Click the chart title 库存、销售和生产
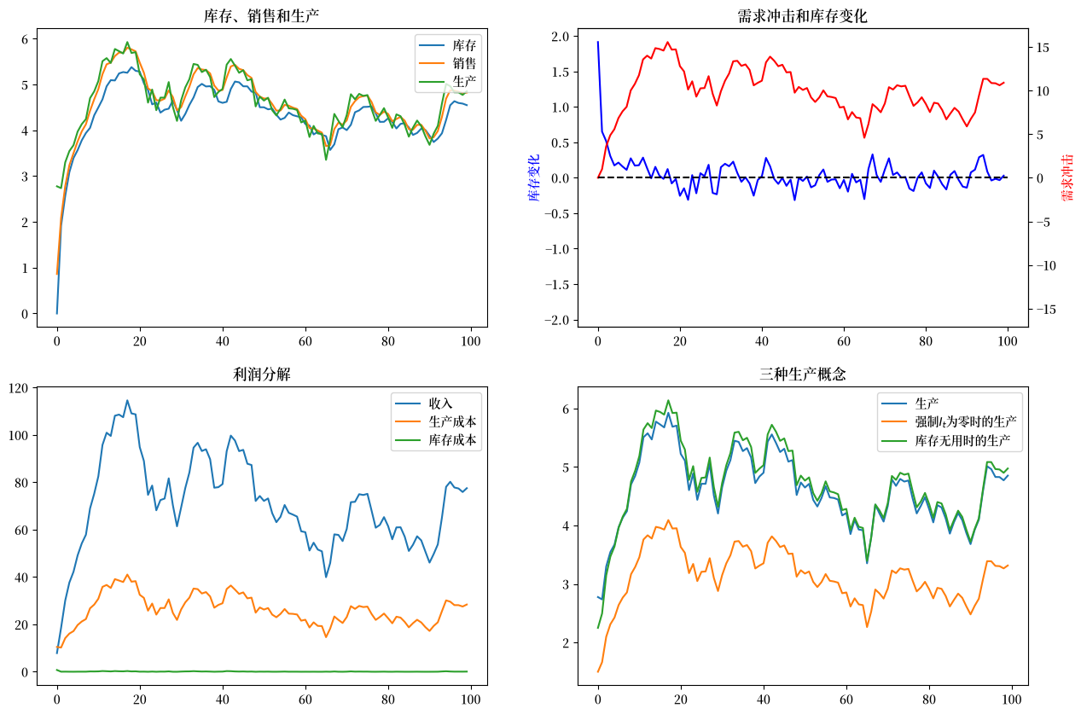pos(261,16)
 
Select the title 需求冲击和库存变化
pos(802,16)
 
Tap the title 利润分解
pos(262,374)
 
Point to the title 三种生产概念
pos(803,374)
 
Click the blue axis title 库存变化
pos(534,177)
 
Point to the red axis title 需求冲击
pos(1067,177)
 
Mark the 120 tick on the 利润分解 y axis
pos(18,388)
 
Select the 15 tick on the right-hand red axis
pos(1043,48)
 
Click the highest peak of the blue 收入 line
pos(127,400)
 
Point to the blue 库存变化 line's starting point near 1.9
pos(598,42)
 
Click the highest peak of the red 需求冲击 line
pos(668,42)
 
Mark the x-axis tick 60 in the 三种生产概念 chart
pos(846,699)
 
